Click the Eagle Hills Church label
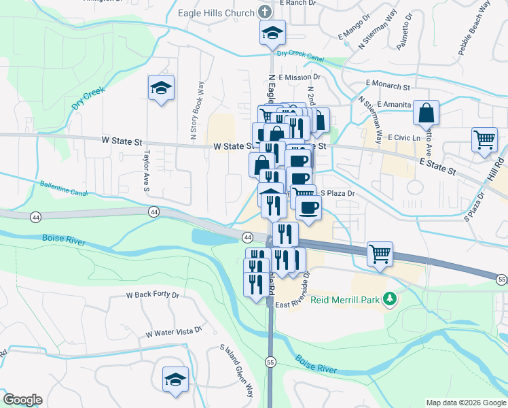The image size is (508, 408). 215,12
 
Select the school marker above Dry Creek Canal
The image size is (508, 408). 273,32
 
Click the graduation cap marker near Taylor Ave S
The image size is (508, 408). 162,88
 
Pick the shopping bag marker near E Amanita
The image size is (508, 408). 426,113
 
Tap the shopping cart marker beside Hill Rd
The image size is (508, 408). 485,139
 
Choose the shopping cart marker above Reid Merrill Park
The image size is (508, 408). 380,254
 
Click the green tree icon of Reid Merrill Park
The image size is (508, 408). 390,298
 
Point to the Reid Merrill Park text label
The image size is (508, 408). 346,299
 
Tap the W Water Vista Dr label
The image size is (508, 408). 175,333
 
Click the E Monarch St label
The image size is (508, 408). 388,87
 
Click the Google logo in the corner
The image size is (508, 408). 22,400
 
